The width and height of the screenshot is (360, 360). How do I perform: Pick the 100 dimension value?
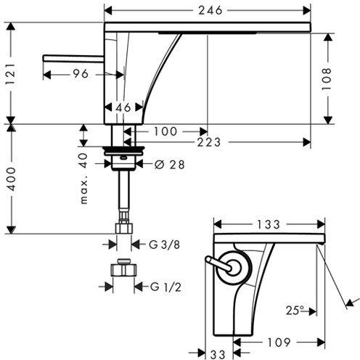pyautogui.click(x=165, y=131)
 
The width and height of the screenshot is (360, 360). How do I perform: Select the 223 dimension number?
pyautogui.click(x=208, y=142)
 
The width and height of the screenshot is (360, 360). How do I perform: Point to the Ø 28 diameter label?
pyautogui.click(x=171, y=165)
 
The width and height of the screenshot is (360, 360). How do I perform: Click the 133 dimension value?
pyautogui.click(x=269, y=225)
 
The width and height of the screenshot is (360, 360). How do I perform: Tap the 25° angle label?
pyautogui.click(x=294, y=311)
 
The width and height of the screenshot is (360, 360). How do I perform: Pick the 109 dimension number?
pyautogui.click(x=277, y=341)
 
